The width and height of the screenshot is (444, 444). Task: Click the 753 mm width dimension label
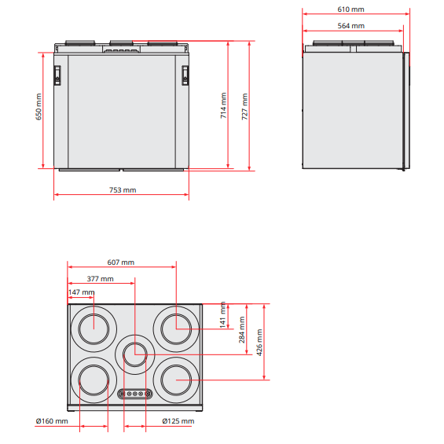click(x=123, y=190)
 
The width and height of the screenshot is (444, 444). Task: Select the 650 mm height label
click(x=39, y=107)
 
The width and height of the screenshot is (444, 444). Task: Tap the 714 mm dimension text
click(x=223, y=105)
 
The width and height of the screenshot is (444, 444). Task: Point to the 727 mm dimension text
click(x=244, y=106)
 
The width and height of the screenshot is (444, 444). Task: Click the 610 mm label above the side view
click(x=350, y=9)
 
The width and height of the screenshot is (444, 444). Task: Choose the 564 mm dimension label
click(x=350, y=26)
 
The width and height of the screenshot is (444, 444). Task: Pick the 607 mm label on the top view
click(x=121, y=262)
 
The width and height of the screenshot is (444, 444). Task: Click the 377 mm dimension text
click(x=101, y=279)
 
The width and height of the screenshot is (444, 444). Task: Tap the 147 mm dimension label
click(x=81, y=292)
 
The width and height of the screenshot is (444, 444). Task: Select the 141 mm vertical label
click(x=223, y=314)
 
